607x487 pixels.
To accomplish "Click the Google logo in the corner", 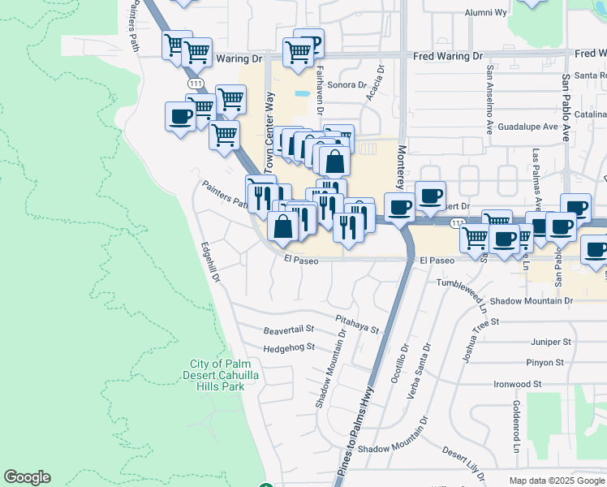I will tap(27, 477).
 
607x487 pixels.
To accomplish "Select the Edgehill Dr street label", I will tap(212, 264).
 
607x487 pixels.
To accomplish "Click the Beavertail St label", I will tap(289, 330).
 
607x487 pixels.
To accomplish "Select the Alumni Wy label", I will tap(485, 13).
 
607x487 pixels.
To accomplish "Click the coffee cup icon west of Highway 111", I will tap(179, 117).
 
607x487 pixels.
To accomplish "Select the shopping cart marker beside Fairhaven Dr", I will tap(299, 53).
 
